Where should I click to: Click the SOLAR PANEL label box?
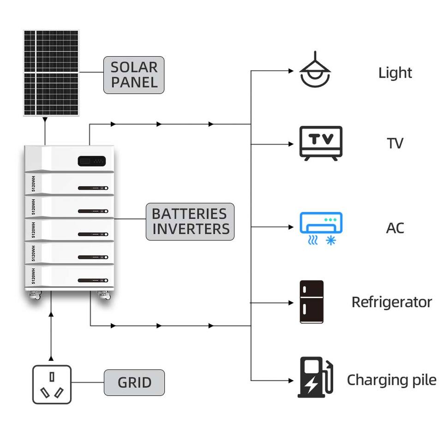tap(134, 75)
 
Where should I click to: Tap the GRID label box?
tap(134, 383)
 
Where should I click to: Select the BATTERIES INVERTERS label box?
tap(190, 221)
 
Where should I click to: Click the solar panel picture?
tap(51, 73)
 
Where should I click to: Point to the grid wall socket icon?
tap(52, 384)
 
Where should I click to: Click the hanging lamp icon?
tap(315, 69)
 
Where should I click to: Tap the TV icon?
tap(321, 143)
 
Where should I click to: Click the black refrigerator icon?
tap(311, 302)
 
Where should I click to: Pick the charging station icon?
tap(315, 377)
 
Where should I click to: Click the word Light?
tap(395, 73)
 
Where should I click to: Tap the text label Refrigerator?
tap(392, 302)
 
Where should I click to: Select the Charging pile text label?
tap(392, 380)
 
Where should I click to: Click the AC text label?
tap(395, 228)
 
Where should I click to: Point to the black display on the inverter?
tap(91, 161)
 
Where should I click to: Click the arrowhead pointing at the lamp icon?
tap(291, 71)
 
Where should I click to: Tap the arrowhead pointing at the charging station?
tap(291, 381)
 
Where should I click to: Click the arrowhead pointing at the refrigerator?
tap(291, 303)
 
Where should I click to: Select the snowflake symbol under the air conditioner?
tap(331, 240)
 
